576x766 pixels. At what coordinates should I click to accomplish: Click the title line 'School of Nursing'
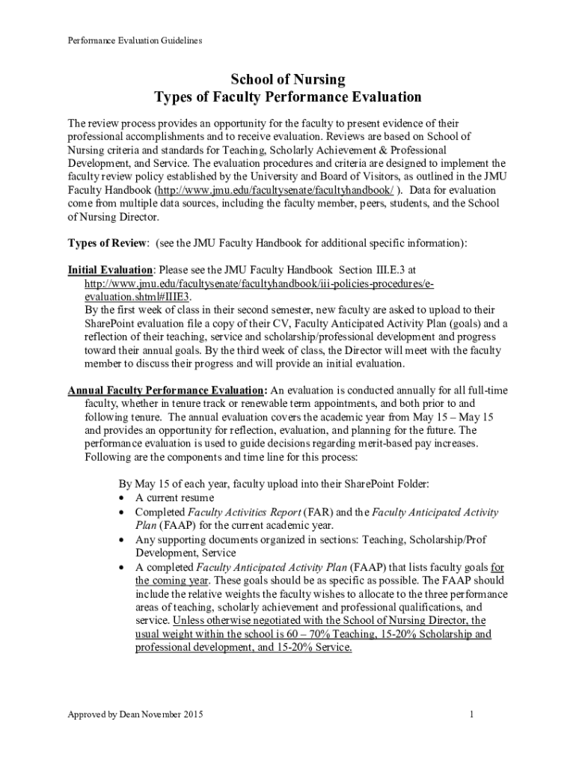pos(287,80)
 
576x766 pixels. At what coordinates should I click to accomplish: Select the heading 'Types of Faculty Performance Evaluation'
pos(287,97)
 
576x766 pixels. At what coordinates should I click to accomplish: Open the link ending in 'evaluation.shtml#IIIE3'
pos(132,296)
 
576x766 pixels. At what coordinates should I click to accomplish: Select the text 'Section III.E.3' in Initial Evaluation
pos(374,269)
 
